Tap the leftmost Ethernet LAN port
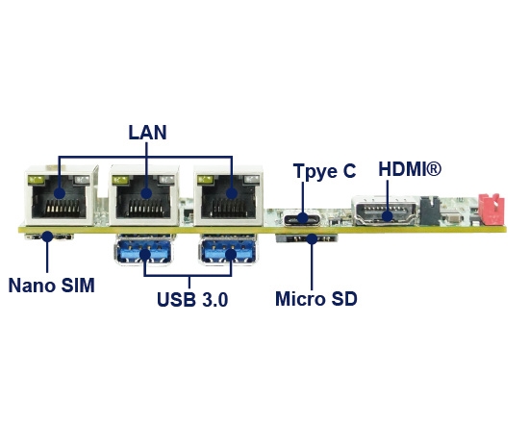pyautogui.click(x=58, y=198)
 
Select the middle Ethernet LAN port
pyautogui.click(x=144, y=198)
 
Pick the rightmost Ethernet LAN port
pyautogui.click(x=229, y=198)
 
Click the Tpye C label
pyautogui.click(x=324, y=171)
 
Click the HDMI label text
pyautogui.click(x=410, y=169)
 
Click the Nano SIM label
pyautogui.click(x=52, y=286)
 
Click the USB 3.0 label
pyautogui.click(x=192, y=300)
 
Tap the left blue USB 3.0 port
pyautogui.click(x=145, y=253)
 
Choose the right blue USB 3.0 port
pyautogui.click(x=230, y=253)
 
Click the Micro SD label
pyautogui.click(x=315, y=299)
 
